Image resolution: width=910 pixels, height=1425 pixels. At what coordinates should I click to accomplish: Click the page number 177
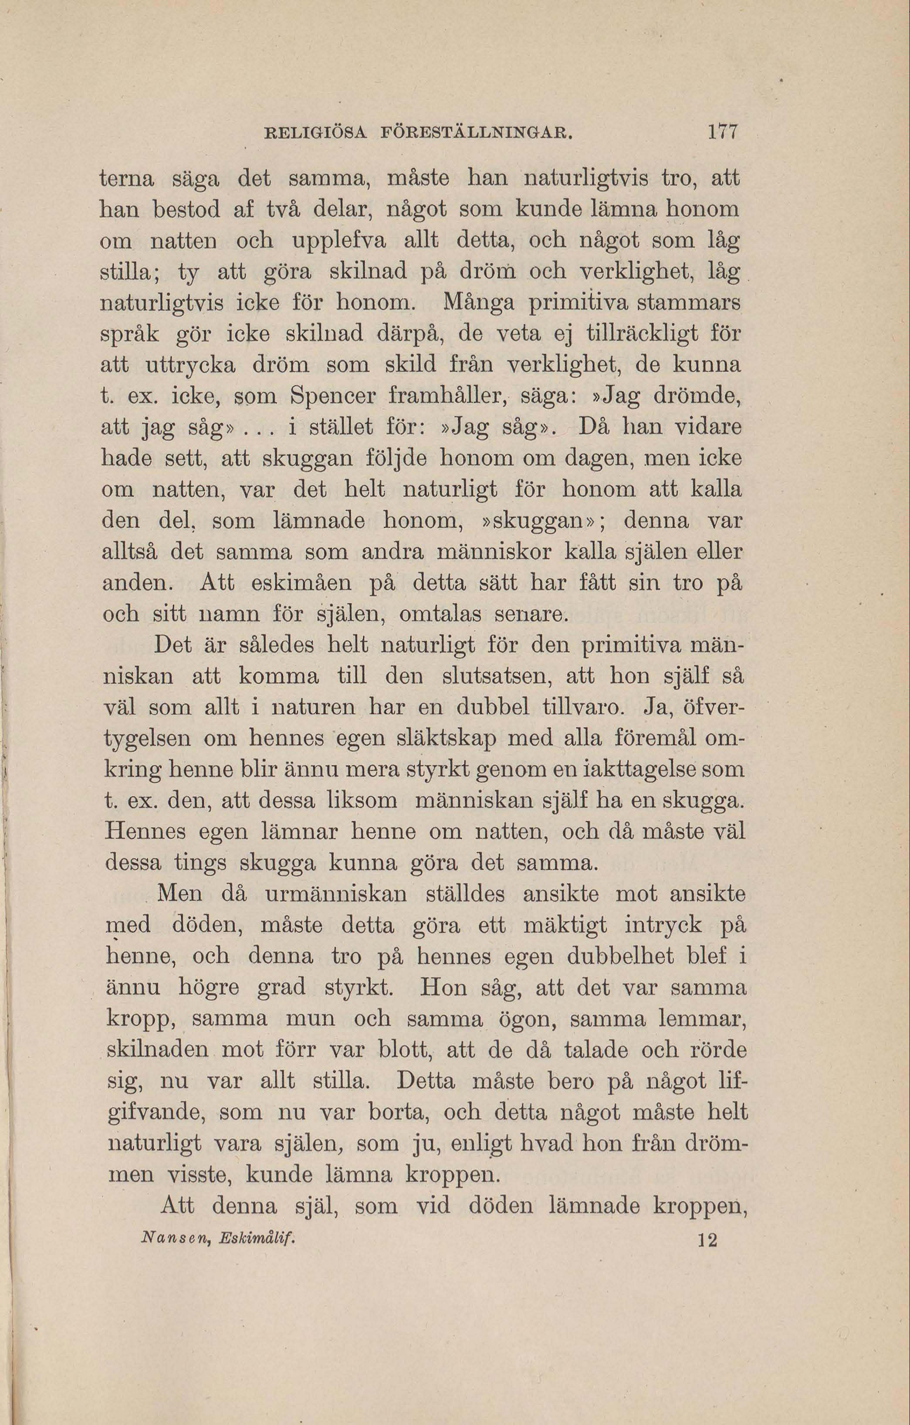[x=722, y=131]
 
